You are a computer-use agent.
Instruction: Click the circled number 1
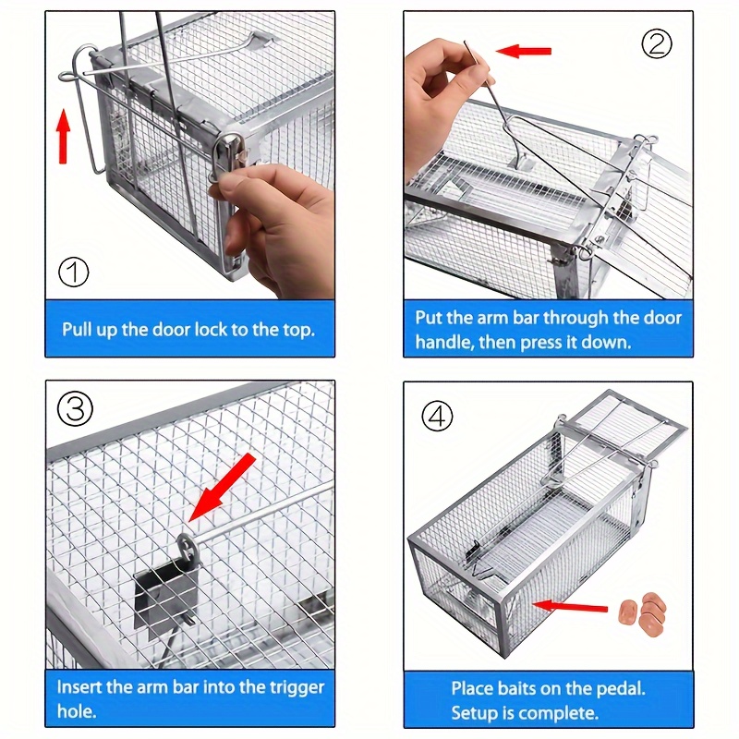74,273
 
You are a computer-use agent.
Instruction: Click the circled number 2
657,43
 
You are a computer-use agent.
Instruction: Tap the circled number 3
76,408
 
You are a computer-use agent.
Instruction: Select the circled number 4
437,416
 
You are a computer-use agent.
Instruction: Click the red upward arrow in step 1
63,136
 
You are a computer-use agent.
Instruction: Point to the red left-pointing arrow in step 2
524,51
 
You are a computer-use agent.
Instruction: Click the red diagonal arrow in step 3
222,489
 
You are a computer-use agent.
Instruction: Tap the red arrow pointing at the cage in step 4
570,606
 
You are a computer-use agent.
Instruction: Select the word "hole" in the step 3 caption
76,710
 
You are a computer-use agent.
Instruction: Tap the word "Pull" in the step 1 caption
78,330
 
